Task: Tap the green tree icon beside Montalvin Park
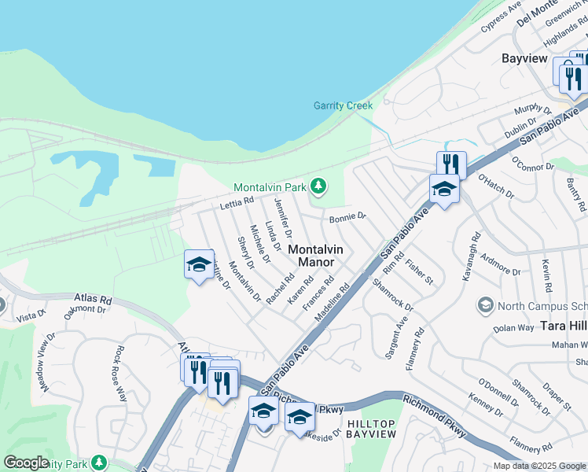pos(318,186)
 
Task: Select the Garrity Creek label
pos(343,105)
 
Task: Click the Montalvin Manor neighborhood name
pos(316,256)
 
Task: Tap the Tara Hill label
pos(563,326)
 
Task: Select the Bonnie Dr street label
pos(347,217)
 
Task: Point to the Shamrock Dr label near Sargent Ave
pos(392,294)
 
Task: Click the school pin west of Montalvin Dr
pos(199,264)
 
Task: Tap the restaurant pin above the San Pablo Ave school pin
pos(451,164)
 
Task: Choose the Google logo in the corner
pos(27,463)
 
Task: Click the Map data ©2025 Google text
pos(539,466)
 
